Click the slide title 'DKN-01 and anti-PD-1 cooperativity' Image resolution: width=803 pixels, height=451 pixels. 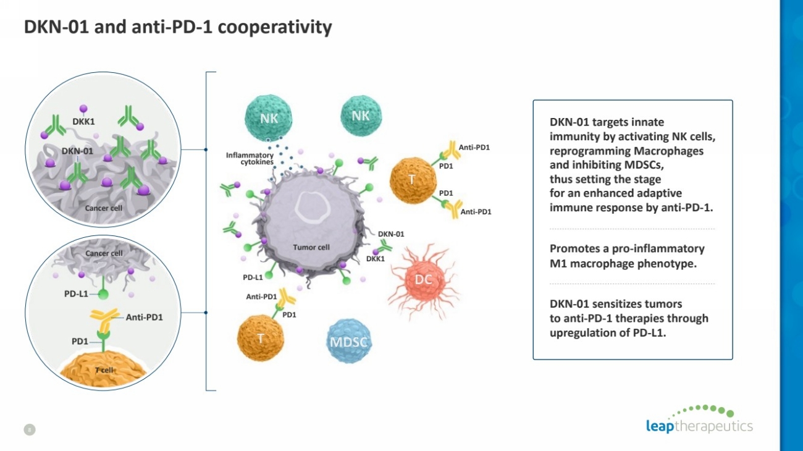pyautogui.click(x=178, y=28)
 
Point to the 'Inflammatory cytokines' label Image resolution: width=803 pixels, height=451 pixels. pyautogui.click(x=250, y=158)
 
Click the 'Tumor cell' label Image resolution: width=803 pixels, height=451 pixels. pyautogui.click(x=311, y=247)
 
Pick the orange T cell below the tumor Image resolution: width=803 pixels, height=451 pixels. pyautogui.click(x=261, y=338)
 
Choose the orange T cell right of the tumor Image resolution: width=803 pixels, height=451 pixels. pyautogui.click(x=413, y=180)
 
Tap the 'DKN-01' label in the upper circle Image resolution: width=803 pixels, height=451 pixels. pyautogui.click(x=77, y=151)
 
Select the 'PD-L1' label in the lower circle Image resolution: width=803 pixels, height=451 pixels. pyautogui.click(x=76, y=293)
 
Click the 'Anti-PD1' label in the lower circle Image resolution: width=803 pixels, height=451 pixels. pyautogui.click(x=144, y=318)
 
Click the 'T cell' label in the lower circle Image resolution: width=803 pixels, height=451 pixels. pyautogui.click(x=104, y=369)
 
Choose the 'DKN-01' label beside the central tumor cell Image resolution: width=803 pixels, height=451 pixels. pyautogui.click(x=391, y=234)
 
